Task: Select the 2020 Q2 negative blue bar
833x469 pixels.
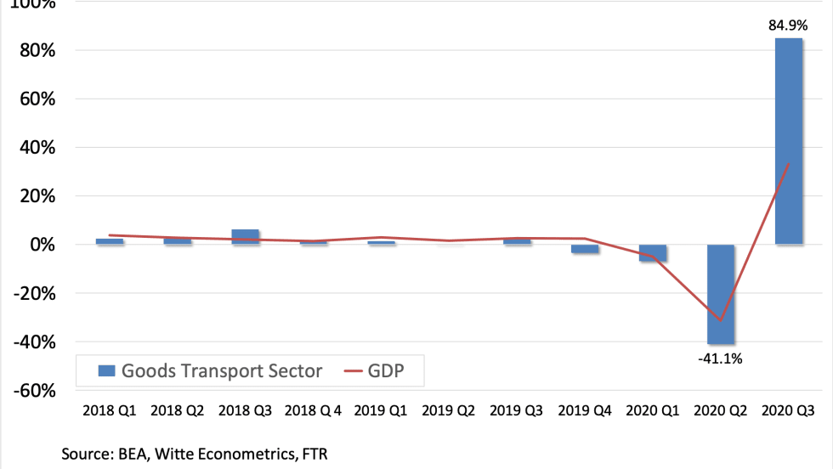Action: coord(722,293)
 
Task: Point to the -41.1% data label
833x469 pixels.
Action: coord(721,359)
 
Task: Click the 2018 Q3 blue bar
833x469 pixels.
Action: coord(246,237)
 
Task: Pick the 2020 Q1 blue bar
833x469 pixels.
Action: coord(654,252)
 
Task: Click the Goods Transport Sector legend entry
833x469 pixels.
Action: coord(211,370)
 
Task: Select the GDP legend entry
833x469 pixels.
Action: coord(385,370)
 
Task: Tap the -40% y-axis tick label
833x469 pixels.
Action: coord(32,342)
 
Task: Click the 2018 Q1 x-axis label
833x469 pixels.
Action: coord(110,410)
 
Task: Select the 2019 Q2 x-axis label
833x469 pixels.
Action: coord(450,410)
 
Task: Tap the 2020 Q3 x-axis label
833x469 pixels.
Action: coord(790,410)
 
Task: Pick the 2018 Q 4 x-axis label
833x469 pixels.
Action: coord(314,410)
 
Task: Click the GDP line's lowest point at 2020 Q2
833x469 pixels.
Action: coord(721,321)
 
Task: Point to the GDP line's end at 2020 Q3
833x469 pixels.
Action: coord(790,164)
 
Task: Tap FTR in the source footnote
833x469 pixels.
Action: coord(314,455)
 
